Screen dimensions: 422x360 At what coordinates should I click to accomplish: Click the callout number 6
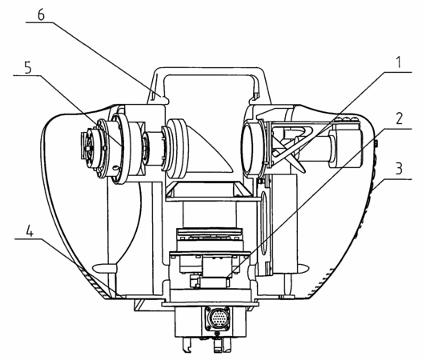pyautogui.click(x=41, y=15)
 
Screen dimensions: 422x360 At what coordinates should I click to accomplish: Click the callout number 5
pyautogui.click(x=28, y=67)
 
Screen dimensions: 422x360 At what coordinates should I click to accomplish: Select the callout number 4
pyautogui.click(x=30, y=231)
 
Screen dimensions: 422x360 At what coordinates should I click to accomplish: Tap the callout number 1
pyautogui.click(x=398, y=62)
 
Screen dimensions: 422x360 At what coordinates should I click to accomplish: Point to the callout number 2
pyautogui.click(x=399, y=118)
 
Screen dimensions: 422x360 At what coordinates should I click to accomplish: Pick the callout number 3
pyautogui.click(x=399, y=168)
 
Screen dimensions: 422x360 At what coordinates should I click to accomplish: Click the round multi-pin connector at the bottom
pyautogui.click(x=218, y=319)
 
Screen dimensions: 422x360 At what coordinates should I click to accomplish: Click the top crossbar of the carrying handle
pyautogui.click(x=209, y=71)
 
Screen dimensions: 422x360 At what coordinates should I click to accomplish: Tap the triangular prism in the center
pyautogui.click(x=208, y=156)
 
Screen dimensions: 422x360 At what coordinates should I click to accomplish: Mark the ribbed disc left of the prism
pyautogui.click(x=176, y=150)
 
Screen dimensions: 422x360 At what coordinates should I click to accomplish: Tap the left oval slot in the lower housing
pyautogui.click(x=104, y=268)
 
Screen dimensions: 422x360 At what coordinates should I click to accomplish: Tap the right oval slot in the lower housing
pyautogui.click(x=303, y=267)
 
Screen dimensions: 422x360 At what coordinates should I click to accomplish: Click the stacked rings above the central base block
pyautogui.click(x=210, y=234)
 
